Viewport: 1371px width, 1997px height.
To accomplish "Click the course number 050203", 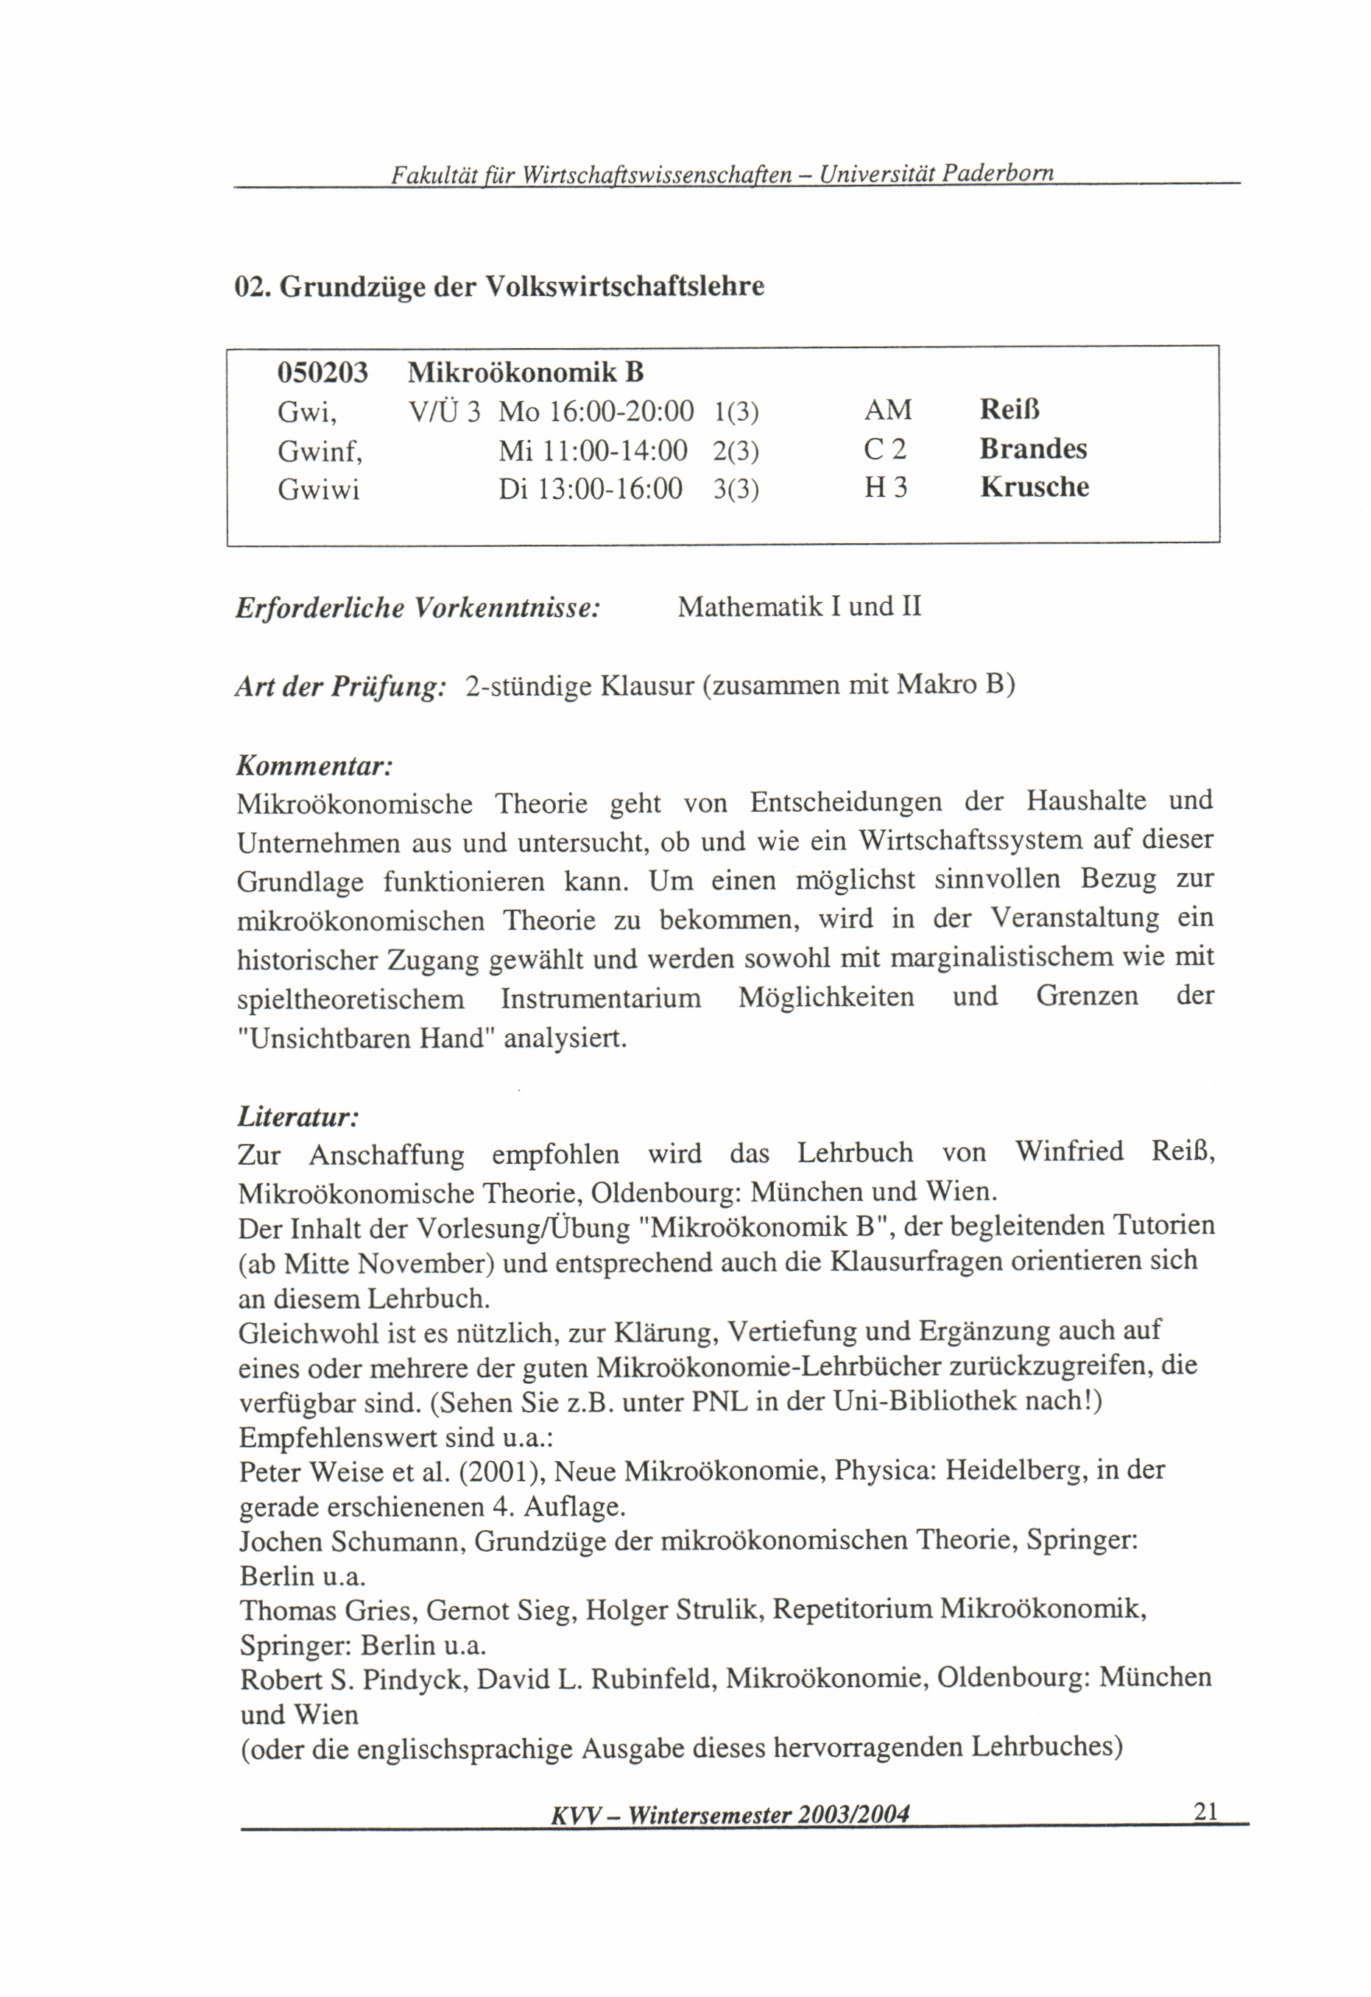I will (323, 373).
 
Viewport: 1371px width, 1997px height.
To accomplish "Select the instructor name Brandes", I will (1032, 448).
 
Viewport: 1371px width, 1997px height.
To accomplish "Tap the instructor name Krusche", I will (1034, 487).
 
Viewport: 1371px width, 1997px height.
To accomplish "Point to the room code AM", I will (887, 410).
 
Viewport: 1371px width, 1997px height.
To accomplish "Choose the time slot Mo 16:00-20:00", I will (596, 411).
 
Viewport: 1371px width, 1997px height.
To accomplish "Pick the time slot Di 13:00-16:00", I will (590, 489).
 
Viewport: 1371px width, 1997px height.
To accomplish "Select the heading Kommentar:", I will (314, 765).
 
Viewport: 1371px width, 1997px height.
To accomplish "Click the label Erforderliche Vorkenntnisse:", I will (417, 607).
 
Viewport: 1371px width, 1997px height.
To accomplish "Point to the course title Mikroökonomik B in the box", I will (525, 373).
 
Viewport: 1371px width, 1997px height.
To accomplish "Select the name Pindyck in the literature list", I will (415, 1678).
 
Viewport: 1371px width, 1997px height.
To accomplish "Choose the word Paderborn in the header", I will (997, 174).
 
